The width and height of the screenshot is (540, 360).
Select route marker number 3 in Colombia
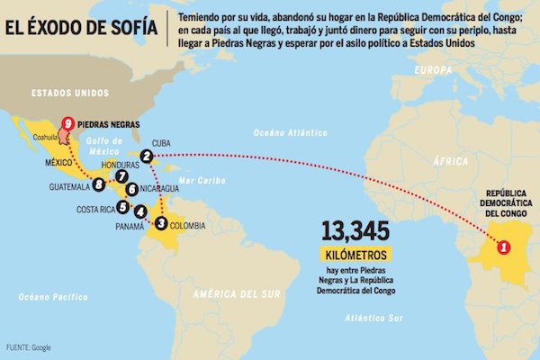(x=161, y=222)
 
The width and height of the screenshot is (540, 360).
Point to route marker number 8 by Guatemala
(x=99, y=185)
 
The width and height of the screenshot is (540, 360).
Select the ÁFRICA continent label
(x=450, y=160)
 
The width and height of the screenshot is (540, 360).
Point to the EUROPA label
(x=434, y=70)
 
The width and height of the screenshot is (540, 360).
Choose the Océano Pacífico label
(x=48, y=296)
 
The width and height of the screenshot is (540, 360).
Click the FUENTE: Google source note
(x=30, y=346)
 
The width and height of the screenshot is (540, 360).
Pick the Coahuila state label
(x=45, y=138)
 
